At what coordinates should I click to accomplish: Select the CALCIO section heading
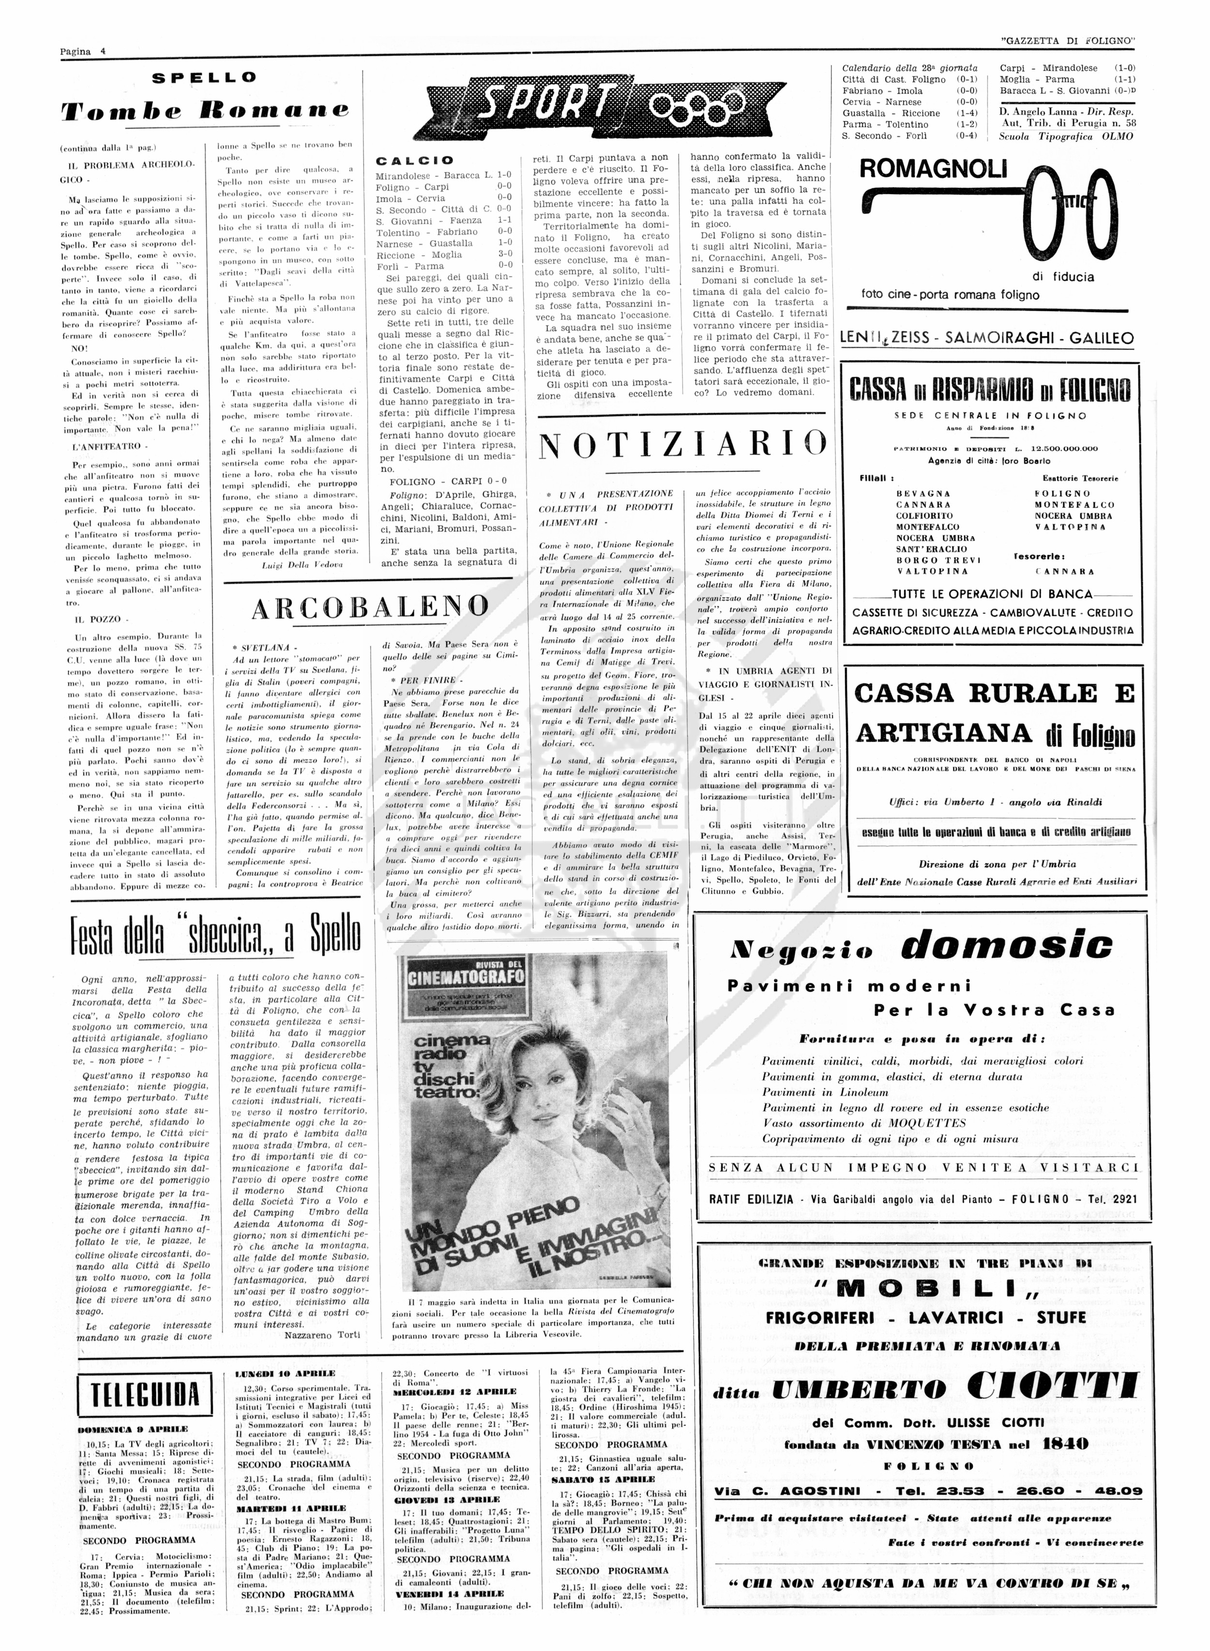click(415, 160)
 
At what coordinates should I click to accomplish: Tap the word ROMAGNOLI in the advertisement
click(932, 169)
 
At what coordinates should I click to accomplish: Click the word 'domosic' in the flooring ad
click(1006, 946)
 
